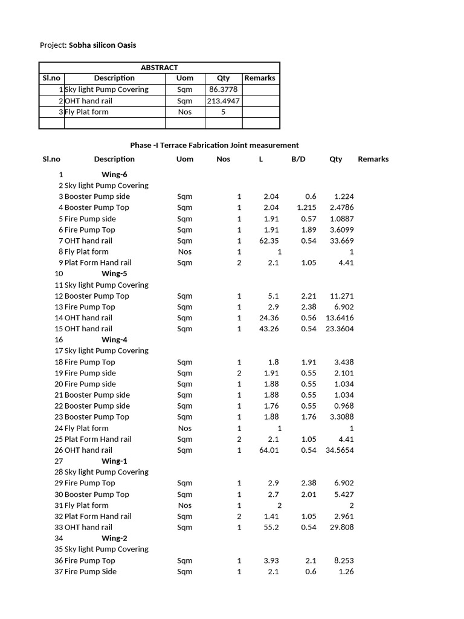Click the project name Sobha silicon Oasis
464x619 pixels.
(106, 45)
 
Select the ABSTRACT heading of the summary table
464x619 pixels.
(159, 68)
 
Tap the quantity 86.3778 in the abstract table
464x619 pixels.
(223, 89)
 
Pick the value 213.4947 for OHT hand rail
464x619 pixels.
(223, 101)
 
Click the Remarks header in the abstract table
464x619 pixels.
(260, 78)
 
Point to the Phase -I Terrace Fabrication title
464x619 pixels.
(214, 145)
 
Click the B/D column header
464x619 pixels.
(298, 159)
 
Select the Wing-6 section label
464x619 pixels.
(114, 174)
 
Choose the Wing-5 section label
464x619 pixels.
(114, 273)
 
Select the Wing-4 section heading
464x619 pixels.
(114, 340)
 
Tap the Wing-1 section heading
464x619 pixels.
(114, 461)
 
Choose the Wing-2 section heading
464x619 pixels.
(114, 538)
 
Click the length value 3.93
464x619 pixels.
(271, 560)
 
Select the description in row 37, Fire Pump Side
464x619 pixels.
(91, 572)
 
